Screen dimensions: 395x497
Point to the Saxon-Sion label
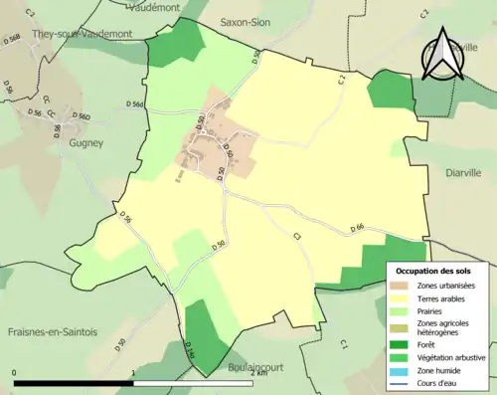[x=245, y=21]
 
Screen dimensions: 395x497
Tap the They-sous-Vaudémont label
[x=54, y=32]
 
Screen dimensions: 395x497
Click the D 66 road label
[x=359, y=229]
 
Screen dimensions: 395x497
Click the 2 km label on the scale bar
[x=258, y=372]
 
